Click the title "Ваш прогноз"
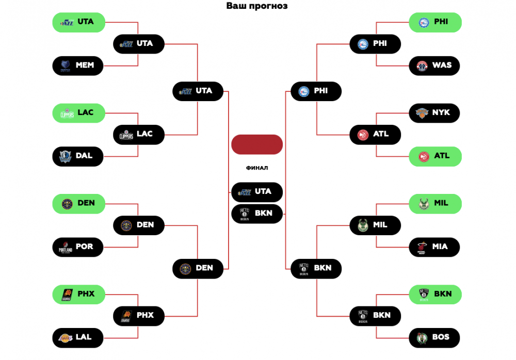click(257, 6)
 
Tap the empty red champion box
click(257, 144)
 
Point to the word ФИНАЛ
click(257, 168)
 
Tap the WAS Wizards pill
click(435, 66)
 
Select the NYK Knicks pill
click(435, 112)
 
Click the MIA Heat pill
click(435, 247)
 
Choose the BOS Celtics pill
click(435, 337)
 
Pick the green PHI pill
click(435, 22)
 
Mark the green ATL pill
click(435, 156)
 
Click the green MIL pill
click(435, 203)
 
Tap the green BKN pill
click(435, 294)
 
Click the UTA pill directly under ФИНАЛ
click(257, 192)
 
